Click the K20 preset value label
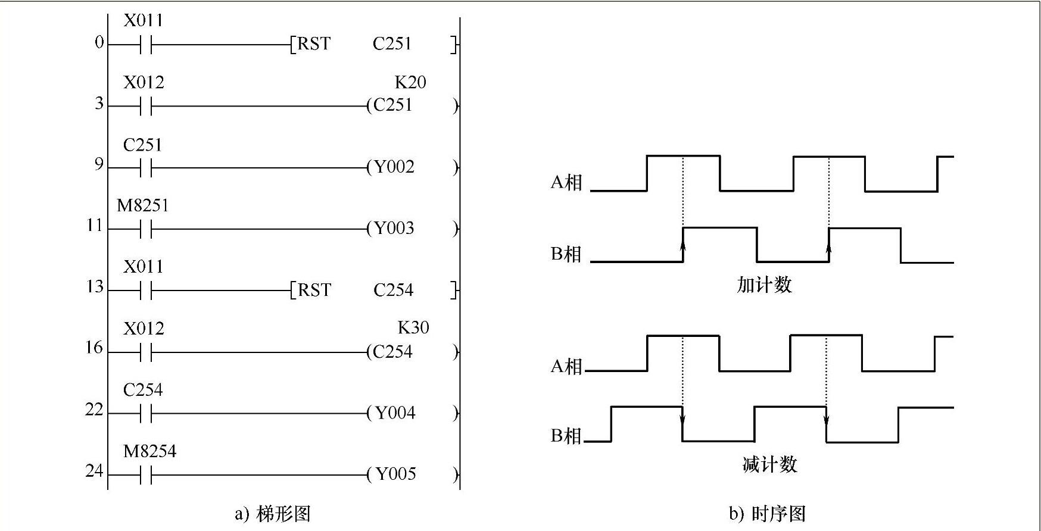point(410,82)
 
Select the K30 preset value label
point(413,327)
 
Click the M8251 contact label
point(143,206)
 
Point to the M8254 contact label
point(149,452)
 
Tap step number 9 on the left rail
point(98,164)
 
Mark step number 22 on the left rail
point(94,410)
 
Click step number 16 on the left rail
point(94,348)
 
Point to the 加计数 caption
point(764,285)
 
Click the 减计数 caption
point(769,464)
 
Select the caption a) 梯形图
point(273,514)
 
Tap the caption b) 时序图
point(767,514)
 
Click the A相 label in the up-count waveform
point(566,182)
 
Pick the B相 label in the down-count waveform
point(566,436)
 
